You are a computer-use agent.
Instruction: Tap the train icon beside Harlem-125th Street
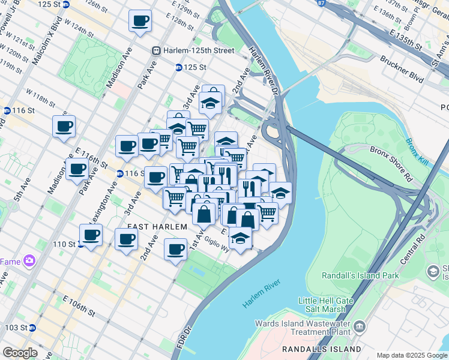156,51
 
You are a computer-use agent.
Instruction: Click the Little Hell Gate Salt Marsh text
322,305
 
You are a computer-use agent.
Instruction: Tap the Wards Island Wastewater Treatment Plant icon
360,327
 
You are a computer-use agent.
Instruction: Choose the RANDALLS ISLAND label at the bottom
322,349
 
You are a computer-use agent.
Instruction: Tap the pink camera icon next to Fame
28,261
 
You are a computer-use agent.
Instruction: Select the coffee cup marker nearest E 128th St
140,21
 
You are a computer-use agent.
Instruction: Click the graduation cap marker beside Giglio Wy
240,238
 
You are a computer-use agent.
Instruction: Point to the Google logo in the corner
20,352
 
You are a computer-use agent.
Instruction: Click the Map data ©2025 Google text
412,355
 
